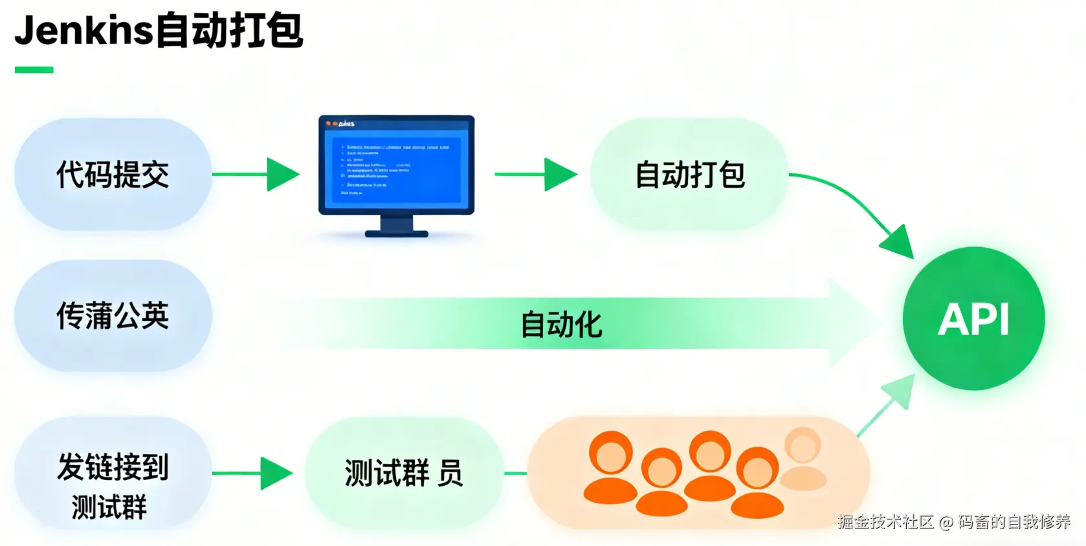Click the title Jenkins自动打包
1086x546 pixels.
(x=159, y=30)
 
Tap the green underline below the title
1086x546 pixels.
(x=34, y=70)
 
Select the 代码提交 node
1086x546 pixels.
(x=113, y=174)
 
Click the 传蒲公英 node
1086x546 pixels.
(x=113, y=316)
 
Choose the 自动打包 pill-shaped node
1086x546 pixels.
(x=690, y=174)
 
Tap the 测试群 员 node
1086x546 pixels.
(x=404, y=473)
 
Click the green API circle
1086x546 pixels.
(x=973, y=318)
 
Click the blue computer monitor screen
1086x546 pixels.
(x=396, y=165)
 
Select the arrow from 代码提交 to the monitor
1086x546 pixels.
(x=256, y=174)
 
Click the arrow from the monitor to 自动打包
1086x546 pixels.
(x=536, y=174)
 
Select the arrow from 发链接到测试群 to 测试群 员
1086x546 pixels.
(x=252, y=473)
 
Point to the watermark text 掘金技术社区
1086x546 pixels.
(x=885, y=521)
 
